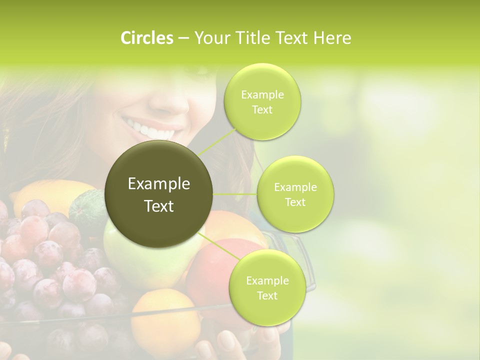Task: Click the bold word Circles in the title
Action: (x=146, y=38)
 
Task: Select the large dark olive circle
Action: (x=159, y=194)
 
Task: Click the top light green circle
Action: (x=262, y=102)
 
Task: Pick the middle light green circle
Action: (x=295, y=194)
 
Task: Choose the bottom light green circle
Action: (x=267, y=287)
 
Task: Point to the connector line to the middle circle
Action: (x=235, y=194)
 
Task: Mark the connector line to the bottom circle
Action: (x=217, y=246)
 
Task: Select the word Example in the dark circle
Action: (x=159, y=184)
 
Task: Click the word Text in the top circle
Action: (x=262, y=110)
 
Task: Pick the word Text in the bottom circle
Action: (x=267, y=295)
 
